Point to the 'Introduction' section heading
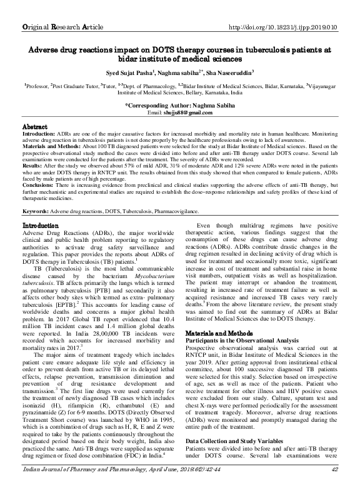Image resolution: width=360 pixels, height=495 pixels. coord(41,224)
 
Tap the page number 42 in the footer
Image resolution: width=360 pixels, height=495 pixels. coord(334,486)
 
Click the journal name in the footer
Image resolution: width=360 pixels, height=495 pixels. coord(81,486)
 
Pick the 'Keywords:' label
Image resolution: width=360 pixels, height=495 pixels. coord(36,212)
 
